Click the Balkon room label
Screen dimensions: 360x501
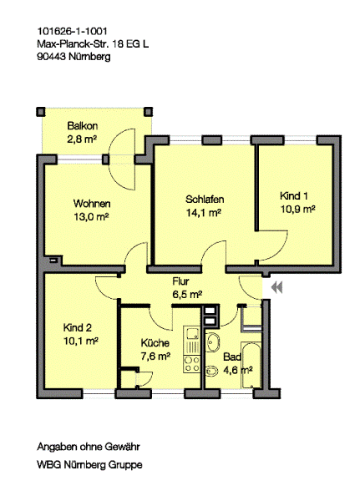[82, 126]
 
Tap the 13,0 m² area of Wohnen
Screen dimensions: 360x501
[91, 217]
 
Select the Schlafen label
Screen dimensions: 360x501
[205, 200]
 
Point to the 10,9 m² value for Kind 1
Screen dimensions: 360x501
[298, 210]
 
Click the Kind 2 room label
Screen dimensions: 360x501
[78, 327]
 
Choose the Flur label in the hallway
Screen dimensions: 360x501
[180, 281]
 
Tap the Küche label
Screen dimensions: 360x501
[155, 343]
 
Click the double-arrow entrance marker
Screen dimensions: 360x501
[276, 287]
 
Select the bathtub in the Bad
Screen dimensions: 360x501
[251, 365]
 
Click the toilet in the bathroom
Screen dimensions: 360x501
[212, 371]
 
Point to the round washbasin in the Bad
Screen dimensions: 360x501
[212, 342]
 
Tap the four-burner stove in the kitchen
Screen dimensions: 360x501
[192, 364]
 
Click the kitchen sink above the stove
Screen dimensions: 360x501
[192, 334]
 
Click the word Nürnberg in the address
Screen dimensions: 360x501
[89, 57]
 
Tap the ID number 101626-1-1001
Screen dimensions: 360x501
[73, 32]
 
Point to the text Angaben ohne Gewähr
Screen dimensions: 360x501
[89, 447]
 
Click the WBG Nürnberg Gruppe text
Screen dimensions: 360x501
[90, 464]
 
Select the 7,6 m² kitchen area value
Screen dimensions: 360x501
[155, 356]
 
